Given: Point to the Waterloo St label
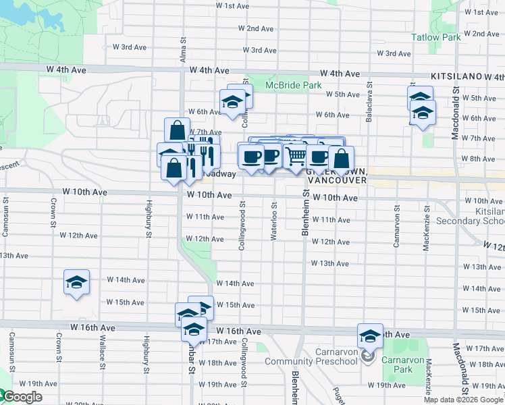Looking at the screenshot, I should pyautogui.click(x=274, y=215).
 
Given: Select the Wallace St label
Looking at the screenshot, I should pyautogui.click(x=103, y=351).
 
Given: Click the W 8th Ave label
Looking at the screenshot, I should pyautogui.click(x=483, y=159).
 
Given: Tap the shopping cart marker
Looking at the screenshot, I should pyautogui.click(x=296, y=157).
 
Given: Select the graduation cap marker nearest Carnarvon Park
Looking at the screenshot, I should pyautogui.click(x=370, y=335).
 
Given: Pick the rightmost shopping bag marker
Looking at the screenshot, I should pyautogui.click(x=342, y=159).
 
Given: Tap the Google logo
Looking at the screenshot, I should pyautogui.click(x=22, y=398).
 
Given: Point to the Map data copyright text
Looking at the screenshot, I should pyautogui.click(x=462, y=400).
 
